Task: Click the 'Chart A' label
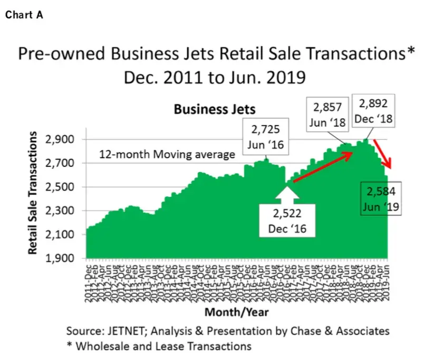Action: (x=24, y=15)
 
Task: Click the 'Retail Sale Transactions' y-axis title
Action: (x=33, y=194)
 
